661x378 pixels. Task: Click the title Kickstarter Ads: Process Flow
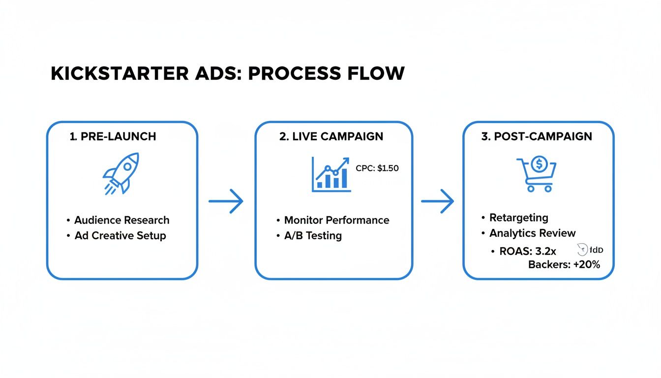point(227,73)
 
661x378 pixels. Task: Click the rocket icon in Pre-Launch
point(121,173)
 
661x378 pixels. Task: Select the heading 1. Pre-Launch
point(113,136)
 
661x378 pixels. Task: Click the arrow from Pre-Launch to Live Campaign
point(226,201)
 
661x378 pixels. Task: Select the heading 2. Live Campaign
point(331,136)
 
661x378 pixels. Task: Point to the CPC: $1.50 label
point(377,168)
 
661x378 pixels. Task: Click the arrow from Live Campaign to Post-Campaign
point(437,201)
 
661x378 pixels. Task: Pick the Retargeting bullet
point(518,218)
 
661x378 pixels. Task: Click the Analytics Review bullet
point(532,233)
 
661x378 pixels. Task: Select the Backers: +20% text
point(564,265)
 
